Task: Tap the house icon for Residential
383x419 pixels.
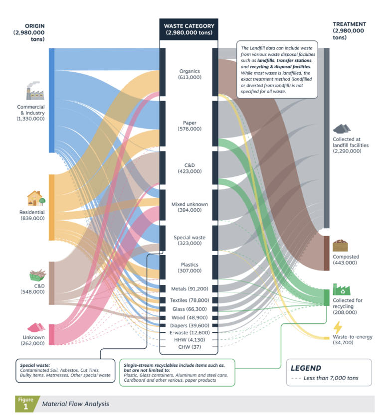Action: click(x=35, y=198)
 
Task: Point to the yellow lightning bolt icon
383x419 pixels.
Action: click(x=338, y=327)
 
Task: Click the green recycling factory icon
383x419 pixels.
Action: click(x=342, y=289)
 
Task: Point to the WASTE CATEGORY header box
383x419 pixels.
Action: click(x=189, y=29)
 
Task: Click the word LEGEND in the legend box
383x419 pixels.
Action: click(x=306, y=368)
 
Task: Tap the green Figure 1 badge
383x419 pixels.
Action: click(x=25, y=403)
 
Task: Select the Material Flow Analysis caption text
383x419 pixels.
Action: click(x=76, y=404)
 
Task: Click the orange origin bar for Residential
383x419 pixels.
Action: click(x=52, y=207)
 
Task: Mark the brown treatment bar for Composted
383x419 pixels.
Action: click(x=326, y=253)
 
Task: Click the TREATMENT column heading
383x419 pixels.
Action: click(x=349, y=24)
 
